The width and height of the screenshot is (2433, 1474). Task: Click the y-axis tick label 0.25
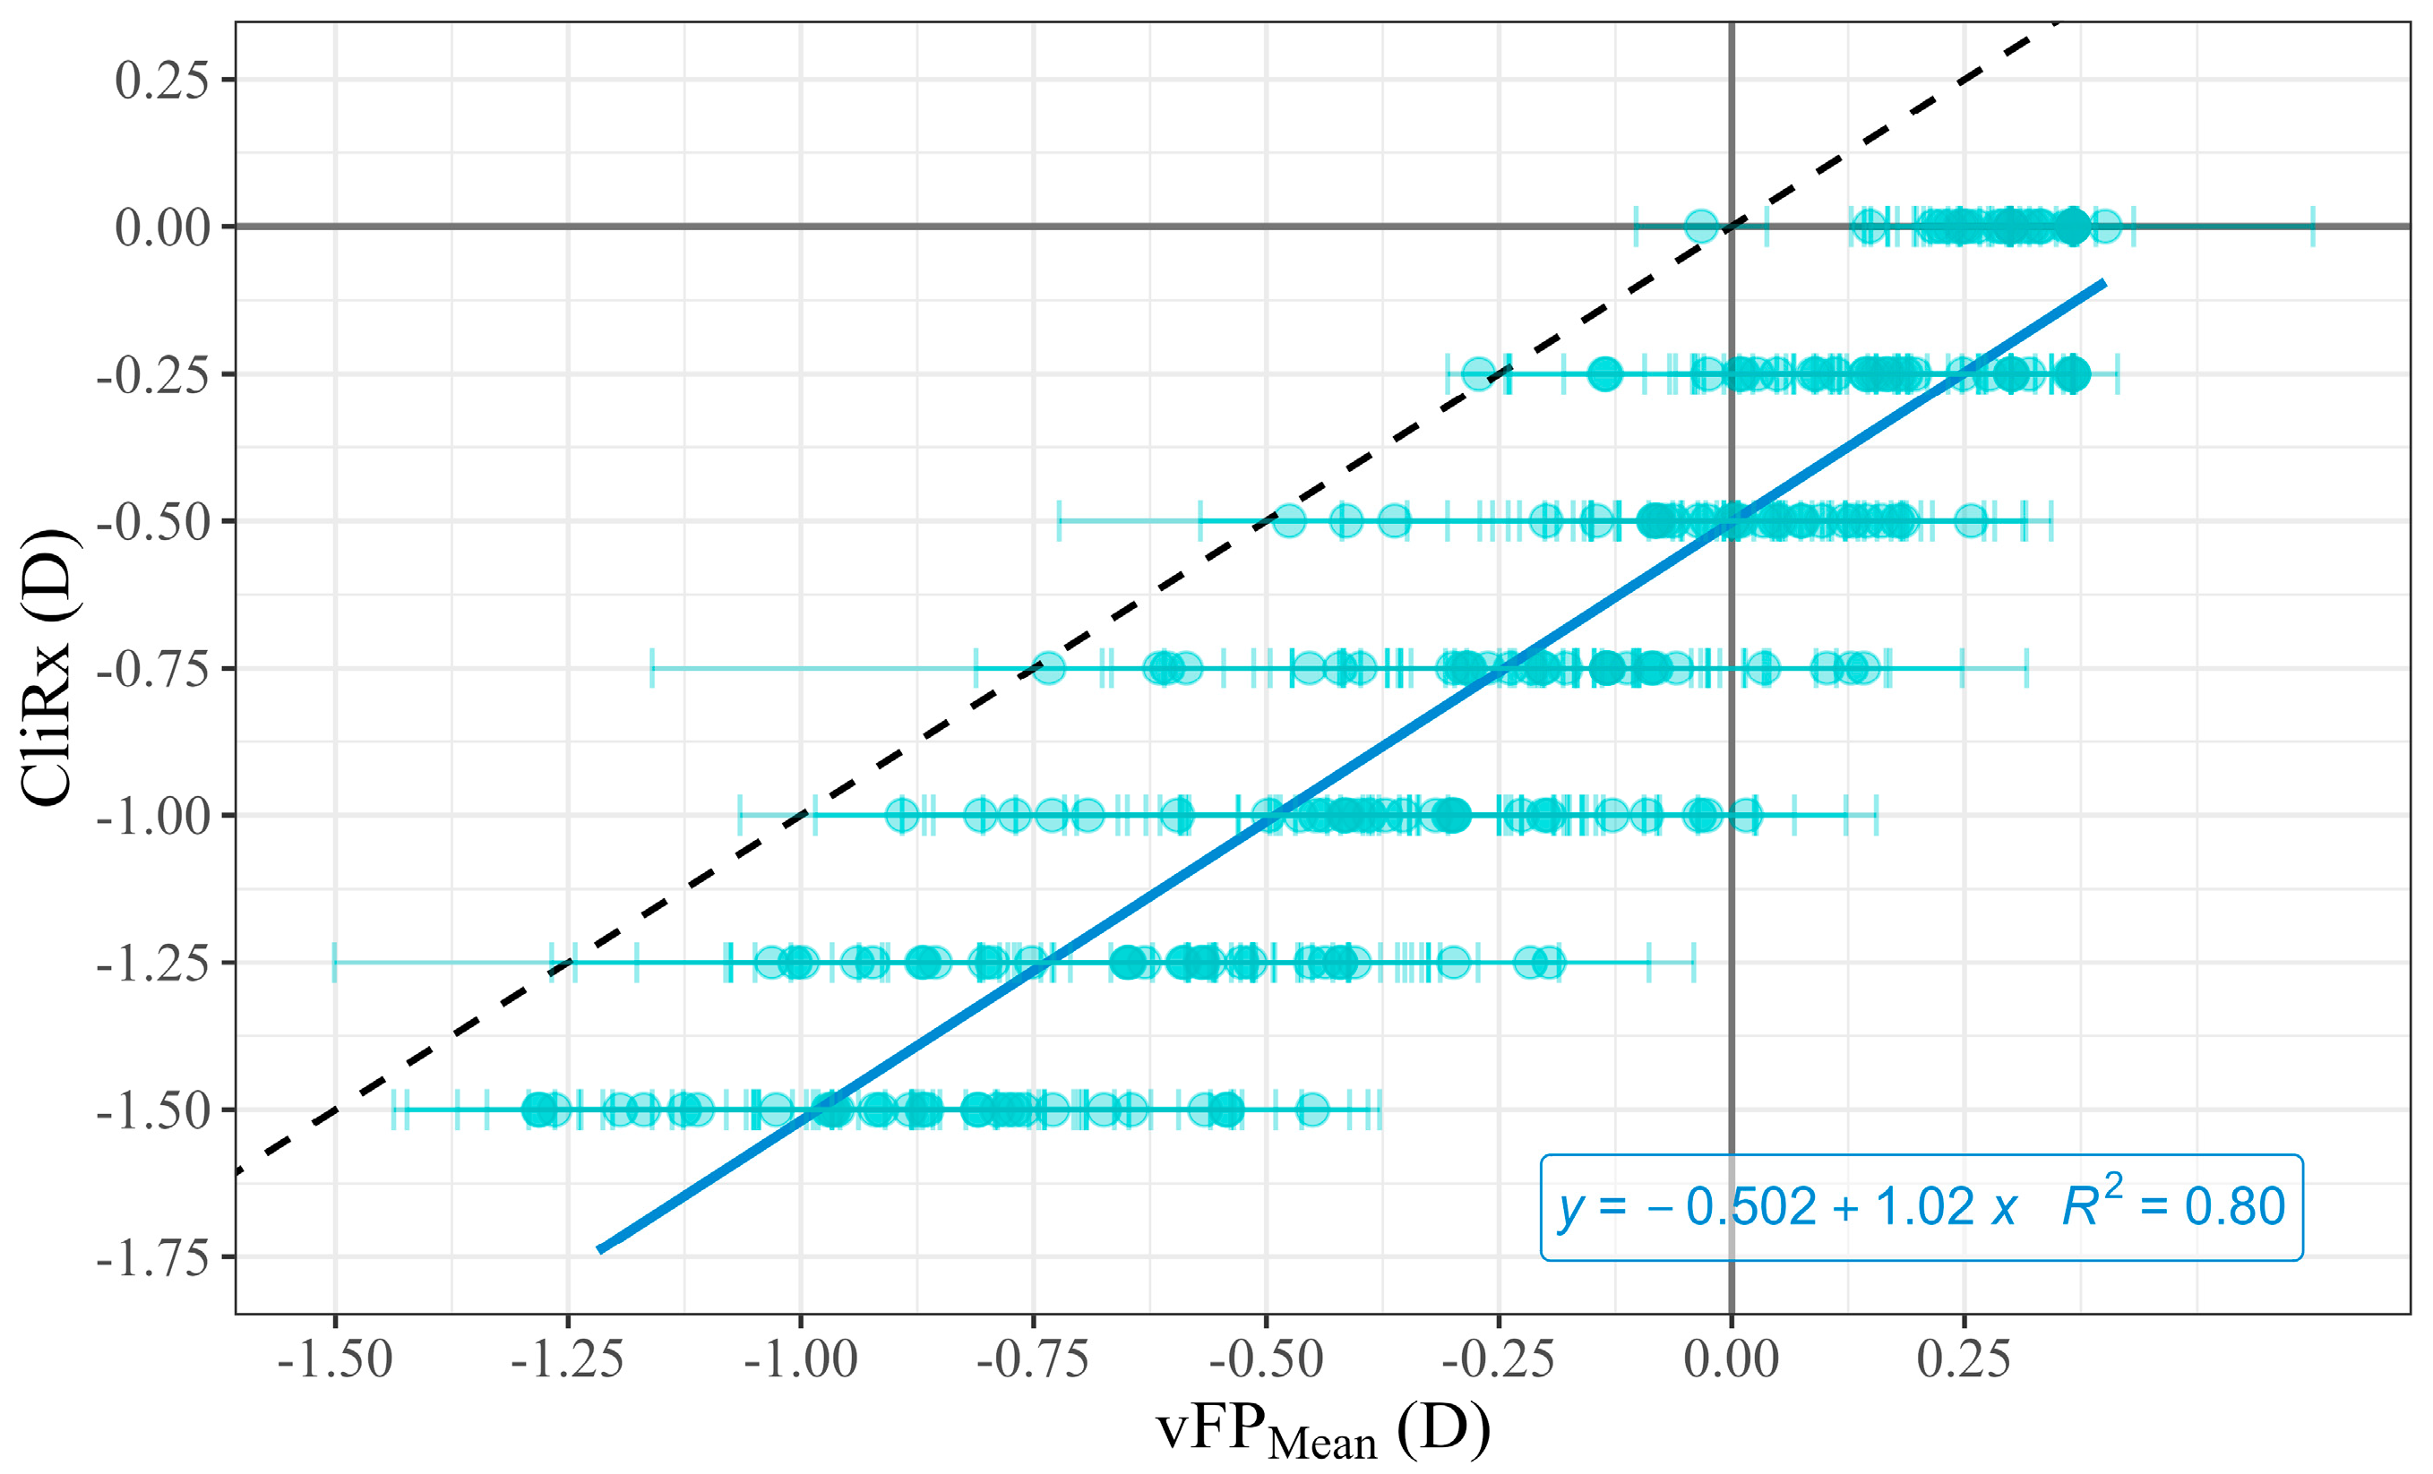161,80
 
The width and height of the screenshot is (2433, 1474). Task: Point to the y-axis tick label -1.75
153,1258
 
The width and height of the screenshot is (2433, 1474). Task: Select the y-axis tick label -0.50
153,522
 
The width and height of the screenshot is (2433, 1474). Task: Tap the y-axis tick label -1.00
153,817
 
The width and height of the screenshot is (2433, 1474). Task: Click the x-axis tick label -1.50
335,1360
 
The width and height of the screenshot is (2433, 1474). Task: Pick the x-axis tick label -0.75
1033,1360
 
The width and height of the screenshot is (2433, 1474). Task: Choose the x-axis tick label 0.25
1963,1360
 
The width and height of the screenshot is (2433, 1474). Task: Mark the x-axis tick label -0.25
1498,1360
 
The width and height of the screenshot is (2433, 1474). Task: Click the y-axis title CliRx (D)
47,668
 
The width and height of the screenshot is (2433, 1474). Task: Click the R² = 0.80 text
2173,1205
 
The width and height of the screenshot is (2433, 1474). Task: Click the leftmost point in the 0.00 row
1700,226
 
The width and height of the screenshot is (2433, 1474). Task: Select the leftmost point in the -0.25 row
1478,374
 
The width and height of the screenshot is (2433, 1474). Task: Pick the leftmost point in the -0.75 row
1048,668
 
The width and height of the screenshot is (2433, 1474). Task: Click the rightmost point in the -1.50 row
1311,1110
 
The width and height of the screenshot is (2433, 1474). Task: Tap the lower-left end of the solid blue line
600,1250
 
